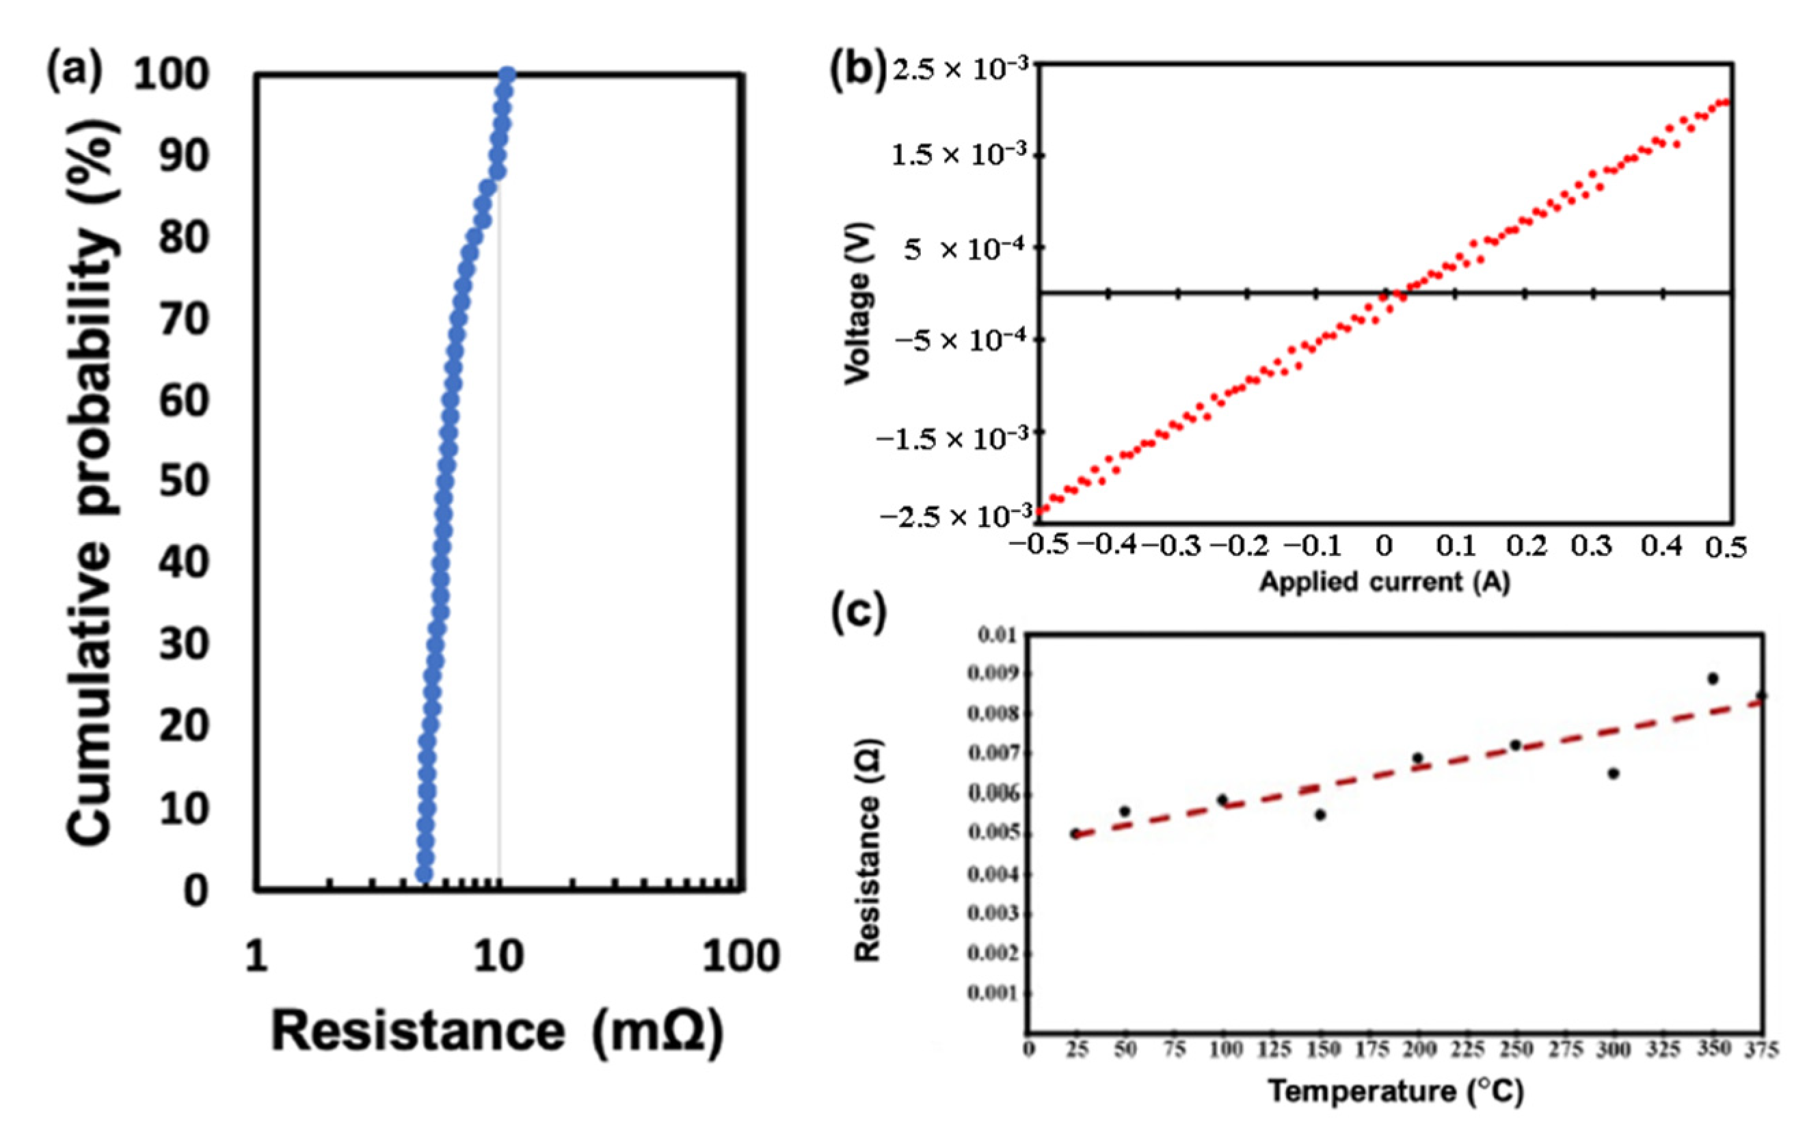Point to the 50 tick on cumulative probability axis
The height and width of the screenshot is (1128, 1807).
pos(183,481)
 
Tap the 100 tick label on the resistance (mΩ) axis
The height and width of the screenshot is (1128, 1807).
pos(741,956)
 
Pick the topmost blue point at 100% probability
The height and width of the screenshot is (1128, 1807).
pos(507,75)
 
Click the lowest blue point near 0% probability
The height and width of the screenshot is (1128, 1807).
pos(424,874)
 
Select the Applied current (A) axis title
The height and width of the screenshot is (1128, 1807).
pos(1384,582)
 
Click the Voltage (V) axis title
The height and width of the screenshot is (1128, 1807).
pos(858,304)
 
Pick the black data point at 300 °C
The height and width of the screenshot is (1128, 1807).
pos(1613,774)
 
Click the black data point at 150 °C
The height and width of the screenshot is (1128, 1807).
pos(1320,815)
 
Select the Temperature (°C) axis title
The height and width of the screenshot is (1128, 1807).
pos(1395,1092)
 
